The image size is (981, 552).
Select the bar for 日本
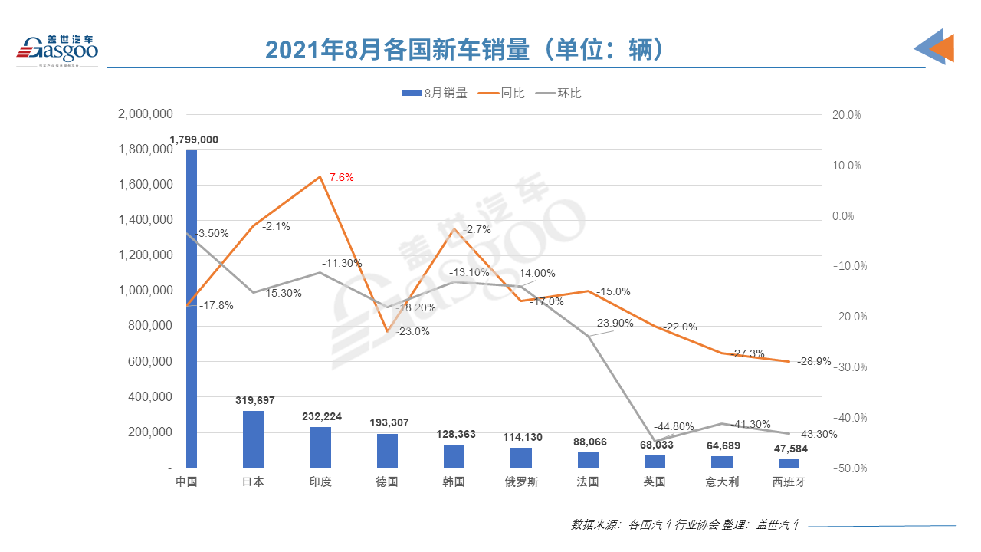(253, 439)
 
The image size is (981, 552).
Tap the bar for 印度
(320, 447)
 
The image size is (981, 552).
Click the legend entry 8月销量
(435, 94)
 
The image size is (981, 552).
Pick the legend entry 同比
(502, 94)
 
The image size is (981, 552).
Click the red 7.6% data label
(342, 177)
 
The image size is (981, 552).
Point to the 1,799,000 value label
(194, 140)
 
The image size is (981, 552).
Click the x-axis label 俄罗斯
(521, 482)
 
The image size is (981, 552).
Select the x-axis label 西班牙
(789, 482)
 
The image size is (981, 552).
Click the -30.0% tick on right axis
(847, 367)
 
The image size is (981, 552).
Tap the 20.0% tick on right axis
(847, 115)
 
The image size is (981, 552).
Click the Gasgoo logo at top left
(57, 49)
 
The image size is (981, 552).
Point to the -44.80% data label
(674, 427)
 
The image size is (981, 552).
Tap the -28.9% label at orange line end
(814, 361)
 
